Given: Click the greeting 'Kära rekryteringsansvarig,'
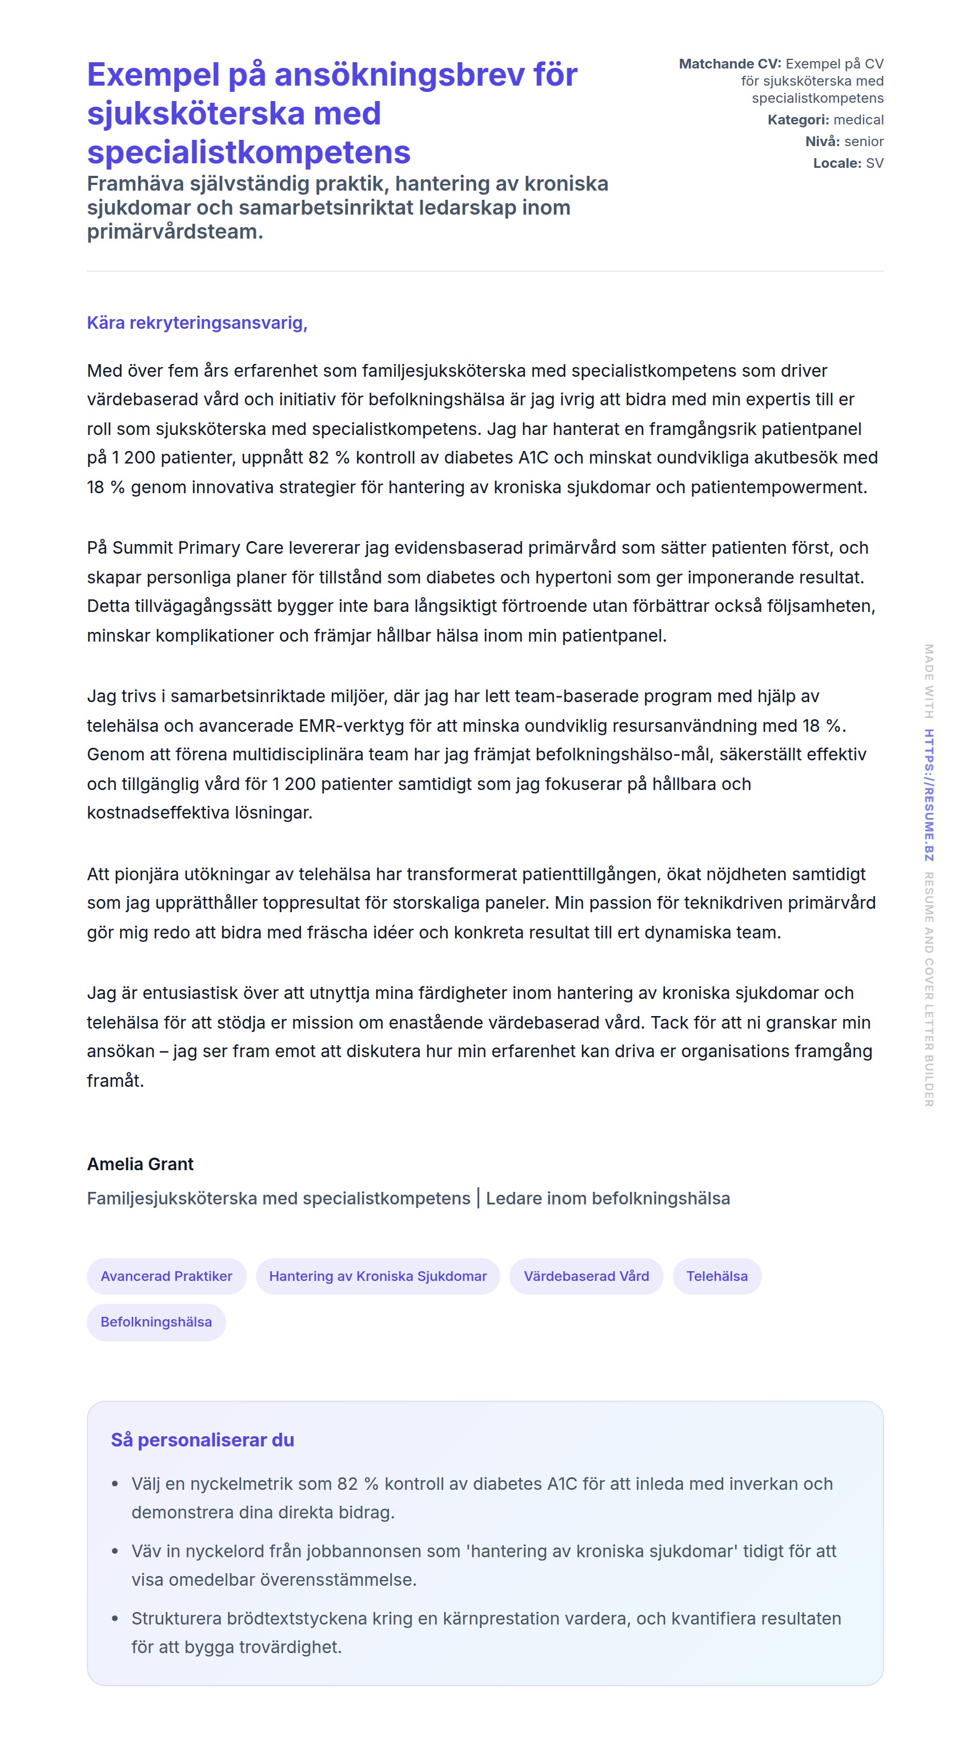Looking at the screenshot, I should pyautogui.click(x=196, y=323).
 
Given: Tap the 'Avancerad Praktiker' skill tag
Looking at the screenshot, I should pyautogui.click(x=166, y=1276).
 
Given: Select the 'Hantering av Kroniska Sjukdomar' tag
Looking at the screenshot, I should pyautogui.click(x=378, y=1276).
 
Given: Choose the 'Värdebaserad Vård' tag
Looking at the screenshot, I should pyautogui.click(x=585, y=1276).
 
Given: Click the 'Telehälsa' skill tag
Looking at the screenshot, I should pyautogui.click(x=716, y=1276).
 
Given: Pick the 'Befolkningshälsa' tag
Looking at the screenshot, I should pyautogui.click(x=156, y=1322).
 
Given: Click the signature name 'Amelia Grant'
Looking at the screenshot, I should pyautogui.click(x=140, y=1164).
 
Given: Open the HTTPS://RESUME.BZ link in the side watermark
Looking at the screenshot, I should pyautogui.click(x=929, y=795).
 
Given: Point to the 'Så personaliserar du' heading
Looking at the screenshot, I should pyautogui.click(x=202, y=1440).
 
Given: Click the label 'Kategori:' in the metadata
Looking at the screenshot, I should pyautogui.click(x=798, y=120).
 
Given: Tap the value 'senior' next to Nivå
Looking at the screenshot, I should pyautogui.click(x=864, y=141).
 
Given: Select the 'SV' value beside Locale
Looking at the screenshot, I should pyautogui.click(x=874, y=163).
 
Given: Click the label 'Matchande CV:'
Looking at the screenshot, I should pyautogui.click(x=729, y=63).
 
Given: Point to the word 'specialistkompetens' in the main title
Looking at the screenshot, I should pyautogui.click(x=248, y=152).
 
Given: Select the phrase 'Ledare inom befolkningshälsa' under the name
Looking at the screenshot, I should pyautogui.click(x=607, y=1198).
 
